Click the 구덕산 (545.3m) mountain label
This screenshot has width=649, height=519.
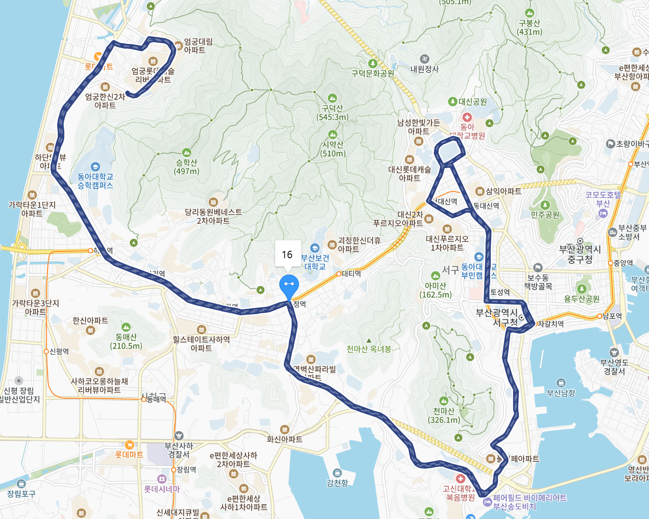pyautogui.click(x=332, y=112)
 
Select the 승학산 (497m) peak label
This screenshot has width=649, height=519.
pyautogui.click(x=186, y=166)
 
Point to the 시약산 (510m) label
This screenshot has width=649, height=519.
pyautogui.click(x=333, y=149)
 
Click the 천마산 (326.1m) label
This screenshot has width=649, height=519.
pyautogui.click(x=444, y=415)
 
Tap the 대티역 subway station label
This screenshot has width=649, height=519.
pyautogui.click(x=351, y=274)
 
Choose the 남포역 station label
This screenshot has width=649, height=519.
pyautogui.click(x=611, y=316)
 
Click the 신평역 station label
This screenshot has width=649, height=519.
pyautogui.click(x=59, y=351)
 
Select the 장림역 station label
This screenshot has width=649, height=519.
pyautogui.click(x=186, y=470)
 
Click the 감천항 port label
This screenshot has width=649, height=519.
pyautogui.click(x=337, y=482)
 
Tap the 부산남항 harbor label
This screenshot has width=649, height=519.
pyautogui.click(x=561, y=393)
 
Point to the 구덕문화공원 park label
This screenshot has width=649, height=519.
pyautogui.click(x=373, y=73)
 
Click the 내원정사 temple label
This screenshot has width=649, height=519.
pyautogui.click(x=425, y=69)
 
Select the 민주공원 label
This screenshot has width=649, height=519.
pyautogui.click(x=545, y=215)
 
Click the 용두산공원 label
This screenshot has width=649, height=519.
pyautogui.click(x=581, y=299)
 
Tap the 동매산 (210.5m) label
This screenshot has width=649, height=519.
pyautogui.click(x=126, y=341)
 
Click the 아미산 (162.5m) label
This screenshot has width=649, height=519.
pyautogui.click(x=435, y=290)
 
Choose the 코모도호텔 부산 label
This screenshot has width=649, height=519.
pyautogui.click(x=603, y=199)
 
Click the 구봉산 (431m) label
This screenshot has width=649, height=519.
pyautogui.click(x=529, y=27)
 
